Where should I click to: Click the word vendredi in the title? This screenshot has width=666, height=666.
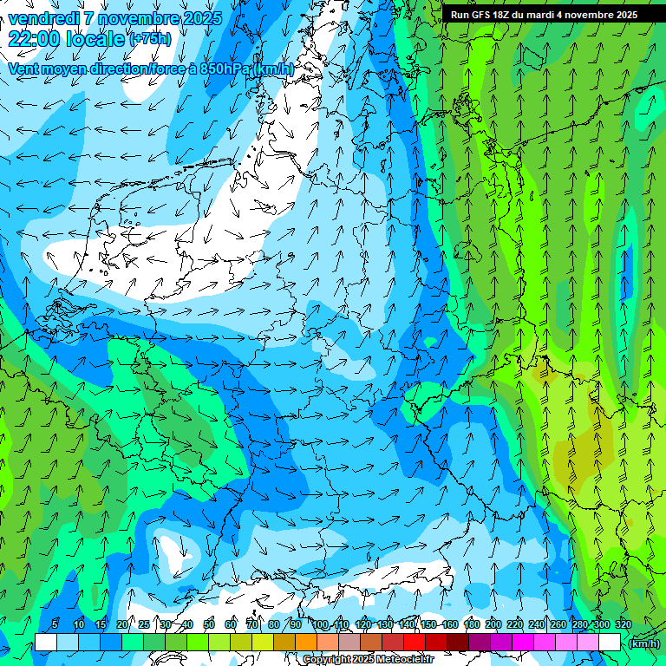click(42, 18)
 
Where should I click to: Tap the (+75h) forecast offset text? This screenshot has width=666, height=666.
click(149, 39)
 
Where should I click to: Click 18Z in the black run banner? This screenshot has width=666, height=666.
click(501, 15)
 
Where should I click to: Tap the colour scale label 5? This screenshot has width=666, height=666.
click(55, 624)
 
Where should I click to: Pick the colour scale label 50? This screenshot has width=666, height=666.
click(209, 624)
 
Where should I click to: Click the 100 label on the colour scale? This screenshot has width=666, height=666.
click(319, 624)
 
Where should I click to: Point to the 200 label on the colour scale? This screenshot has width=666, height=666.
click(493, 624)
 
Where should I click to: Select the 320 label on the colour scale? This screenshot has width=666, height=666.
click(623, 624)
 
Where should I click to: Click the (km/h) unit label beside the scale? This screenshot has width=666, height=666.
click(643, 643)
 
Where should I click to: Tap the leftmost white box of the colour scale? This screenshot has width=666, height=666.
click(46, 642)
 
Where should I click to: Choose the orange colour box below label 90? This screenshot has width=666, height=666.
click(305, 642)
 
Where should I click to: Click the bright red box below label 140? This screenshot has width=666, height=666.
click(415, 642)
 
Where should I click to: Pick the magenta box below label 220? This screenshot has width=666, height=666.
click(523, 642)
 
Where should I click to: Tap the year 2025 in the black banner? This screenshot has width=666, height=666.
click(626, 15)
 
